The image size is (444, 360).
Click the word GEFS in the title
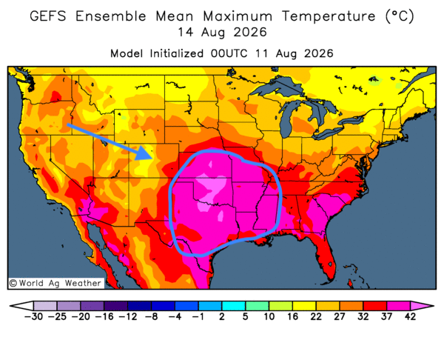pos(48,16)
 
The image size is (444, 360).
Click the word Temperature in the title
pos(329,16)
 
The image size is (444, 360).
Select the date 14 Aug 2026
pos(222,32)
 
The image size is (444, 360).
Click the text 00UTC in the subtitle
pos(229,53)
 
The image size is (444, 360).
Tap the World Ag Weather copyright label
pos(55,283)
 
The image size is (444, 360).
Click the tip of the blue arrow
pos(153,158)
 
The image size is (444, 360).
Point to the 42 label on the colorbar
pos(410,316)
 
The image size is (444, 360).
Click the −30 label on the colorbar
pos(33,316)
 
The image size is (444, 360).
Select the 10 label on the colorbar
pos(269,316)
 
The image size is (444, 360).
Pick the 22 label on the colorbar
pos(316,316)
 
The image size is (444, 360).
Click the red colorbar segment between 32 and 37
pos(375,306)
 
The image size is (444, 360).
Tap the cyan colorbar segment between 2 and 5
pos(234,306)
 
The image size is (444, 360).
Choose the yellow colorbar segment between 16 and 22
pos(304,306)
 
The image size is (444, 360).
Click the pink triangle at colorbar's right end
pos(420,306)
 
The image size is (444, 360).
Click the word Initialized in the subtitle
pos(177,53)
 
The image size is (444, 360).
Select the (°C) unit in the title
pos(400,16)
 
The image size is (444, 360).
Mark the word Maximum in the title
pos(238,16)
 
